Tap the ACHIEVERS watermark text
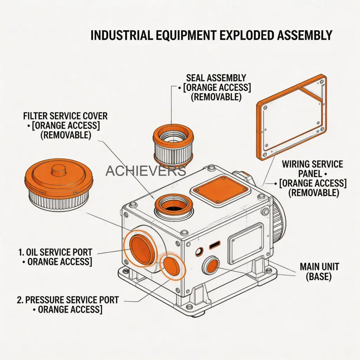click(146, 171)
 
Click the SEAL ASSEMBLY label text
click(216, 78)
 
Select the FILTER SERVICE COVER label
click(65, 116)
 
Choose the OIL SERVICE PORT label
click(55, 252)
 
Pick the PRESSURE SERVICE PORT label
click(67, 300)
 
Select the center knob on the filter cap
click(57, 172)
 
